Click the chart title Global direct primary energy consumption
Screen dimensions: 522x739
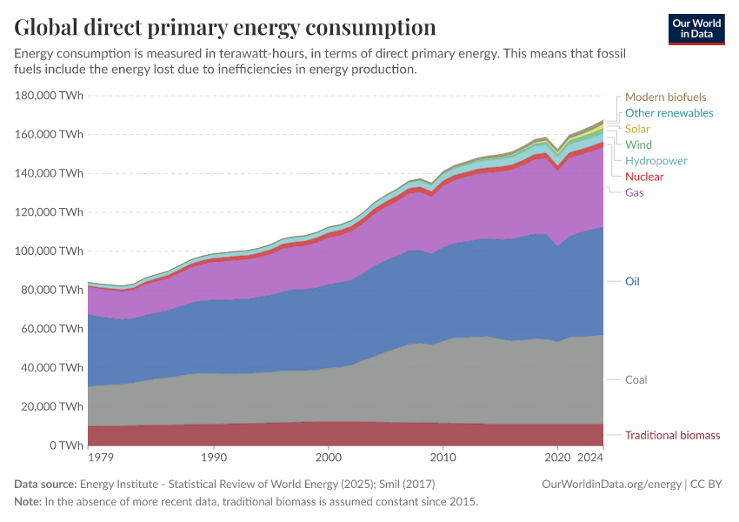point(225,27)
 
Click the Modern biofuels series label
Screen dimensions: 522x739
point(665,97)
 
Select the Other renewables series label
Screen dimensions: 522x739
point(669,113)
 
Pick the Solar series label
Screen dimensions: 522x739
point(637,129)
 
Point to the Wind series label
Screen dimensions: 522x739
point(638,144)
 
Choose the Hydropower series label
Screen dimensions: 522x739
point(656,161)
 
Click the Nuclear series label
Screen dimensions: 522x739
point(643,177)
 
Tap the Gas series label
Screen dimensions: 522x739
point(635,192)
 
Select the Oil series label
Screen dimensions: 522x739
point(632,282)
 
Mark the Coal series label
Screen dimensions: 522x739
point(636,380)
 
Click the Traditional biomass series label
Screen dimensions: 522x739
point(672,435)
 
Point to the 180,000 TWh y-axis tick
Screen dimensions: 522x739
point(50,96)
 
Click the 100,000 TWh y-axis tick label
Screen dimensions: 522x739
point(50,251)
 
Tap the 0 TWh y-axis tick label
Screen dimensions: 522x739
point(65,445)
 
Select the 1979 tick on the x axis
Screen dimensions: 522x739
point(99,457)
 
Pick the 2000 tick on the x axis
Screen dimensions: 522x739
point(328,457)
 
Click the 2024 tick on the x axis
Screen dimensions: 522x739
point(590,457)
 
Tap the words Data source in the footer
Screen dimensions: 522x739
point(44,485)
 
